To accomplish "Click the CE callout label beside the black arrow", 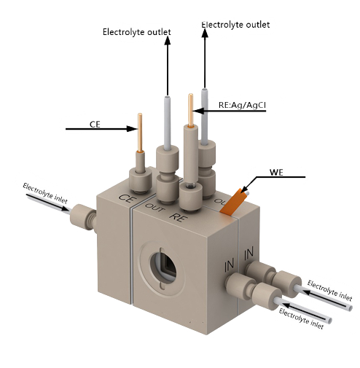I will (x=95, y=124).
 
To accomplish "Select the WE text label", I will (x=276, y=173).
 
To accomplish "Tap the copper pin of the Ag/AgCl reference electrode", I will (x=191, y=109).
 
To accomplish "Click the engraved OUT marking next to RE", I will (x=155, y=207).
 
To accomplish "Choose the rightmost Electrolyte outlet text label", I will (x=235, y=24).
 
